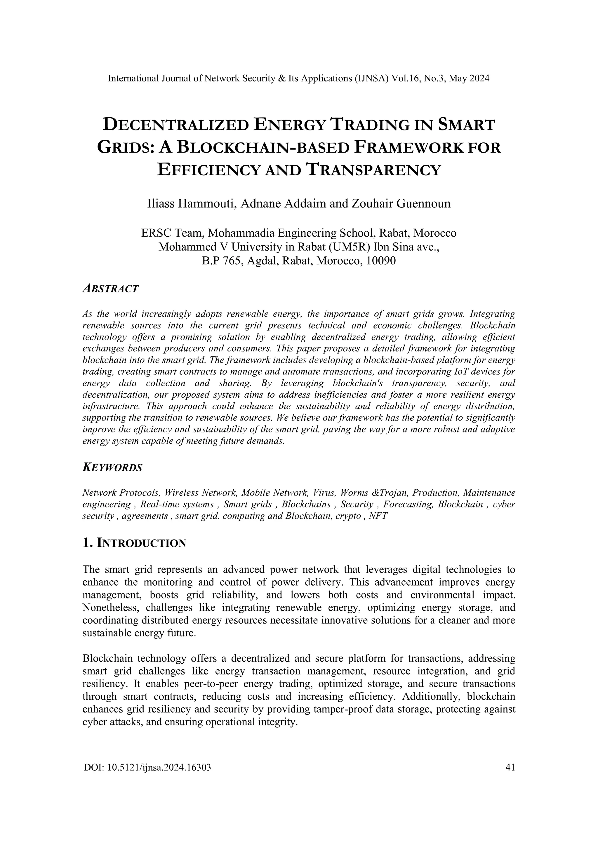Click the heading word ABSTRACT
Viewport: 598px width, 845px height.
[110, 289]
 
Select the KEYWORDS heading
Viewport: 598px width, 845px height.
[112, 468]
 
